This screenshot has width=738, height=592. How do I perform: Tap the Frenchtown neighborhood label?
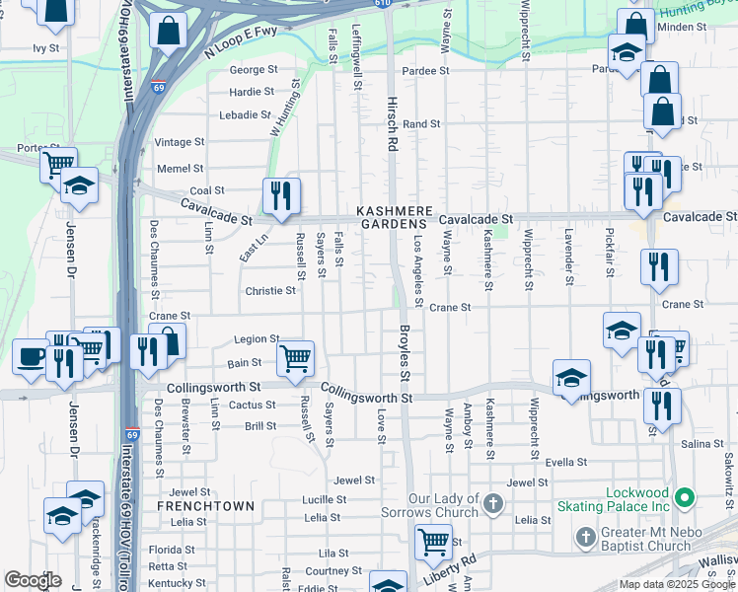click(205, 506)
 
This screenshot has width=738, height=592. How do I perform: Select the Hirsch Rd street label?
click(392, 129)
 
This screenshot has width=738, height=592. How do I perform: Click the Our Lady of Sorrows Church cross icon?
click(494, 505)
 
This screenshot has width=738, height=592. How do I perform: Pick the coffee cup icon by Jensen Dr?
click(31, 356)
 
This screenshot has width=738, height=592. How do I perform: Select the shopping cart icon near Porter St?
click(58, 164)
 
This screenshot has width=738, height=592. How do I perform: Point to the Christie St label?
click(270, 291)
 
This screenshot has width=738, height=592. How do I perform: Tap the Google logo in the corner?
click(34, 580)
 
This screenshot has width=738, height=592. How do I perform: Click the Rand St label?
click(421, 124)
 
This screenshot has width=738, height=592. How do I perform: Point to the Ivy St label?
click(46, 47)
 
